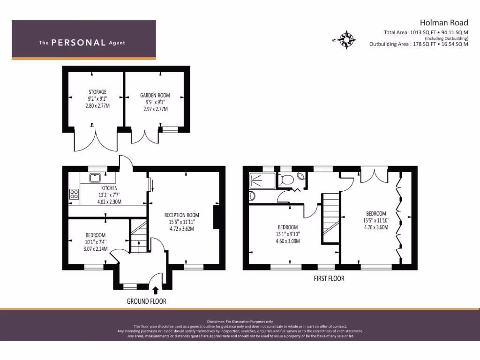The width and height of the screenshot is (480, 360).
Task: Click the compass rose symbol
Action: [x=346, y=40]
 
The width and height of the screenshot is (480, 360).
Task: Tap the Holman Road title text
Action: [x=443, y=22]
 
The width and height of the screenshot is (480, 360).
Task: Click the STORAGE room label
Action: [x=97, y=92]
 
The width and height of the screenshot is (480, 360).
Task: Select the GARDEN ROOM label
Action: [x=155, y=95]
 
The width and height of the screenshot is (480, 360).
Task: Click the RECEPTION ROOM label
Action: [x=182, y=215]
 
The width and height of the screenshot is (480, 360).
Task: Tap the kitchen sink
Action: [x=95, y=177]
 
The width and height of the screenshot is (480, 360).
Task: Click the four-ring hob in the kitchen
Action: [x=74, y=194]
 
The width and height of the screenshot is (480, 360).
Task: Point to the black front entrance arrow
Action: [x=156, y=291]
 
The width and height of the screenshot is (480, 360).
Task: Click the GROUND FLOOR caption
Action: [x=146, y=301]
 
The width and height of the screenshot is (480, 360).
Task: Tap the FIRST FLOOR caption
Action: [x=329, y=278]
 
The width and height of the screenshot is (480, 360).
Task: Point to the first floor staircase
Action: [x=330, y=218]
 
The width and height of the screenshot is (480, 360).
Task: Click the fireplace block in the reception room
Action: [x=216, y=217]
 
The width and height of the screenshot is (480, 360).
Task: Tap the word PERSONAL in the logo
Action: [x=78, y=43]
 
